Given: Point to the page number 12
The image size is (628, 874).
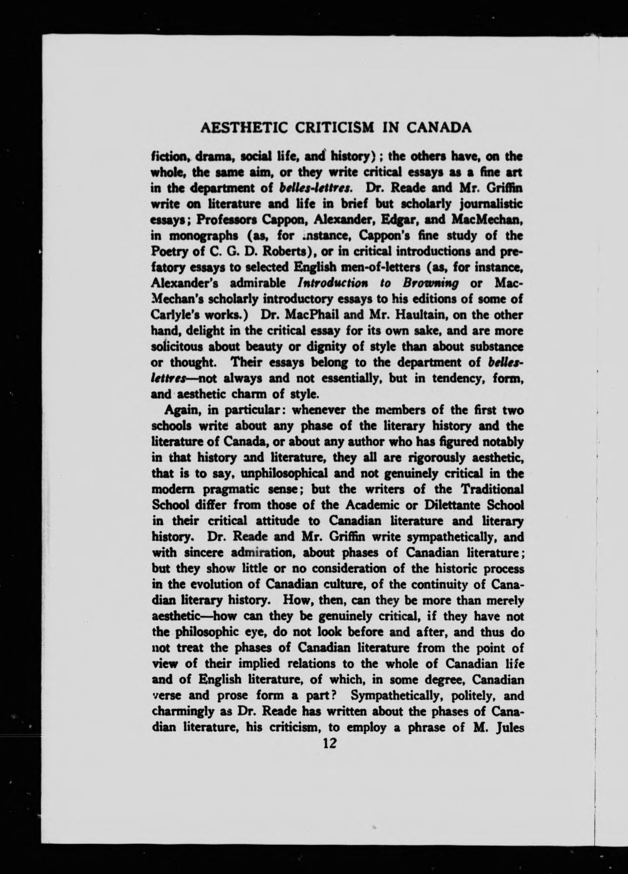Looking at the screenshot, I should coord(327,742).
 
